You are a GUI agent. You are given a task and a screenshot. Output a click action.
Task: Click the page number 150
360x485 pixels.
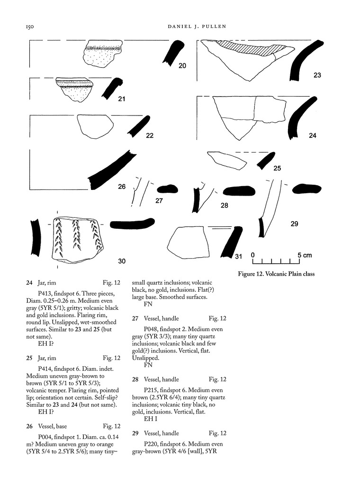click(30, 27)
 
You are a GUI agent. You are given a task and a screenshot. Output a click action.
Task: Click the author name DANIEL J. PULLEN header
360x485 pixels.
click(197, 27)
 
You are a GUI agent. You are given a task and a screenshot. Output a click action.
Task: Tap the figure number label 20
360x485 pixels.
click(182, 65)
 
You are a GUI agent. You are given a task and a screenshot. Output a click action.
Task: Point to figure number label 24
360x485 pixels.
click(312, 135)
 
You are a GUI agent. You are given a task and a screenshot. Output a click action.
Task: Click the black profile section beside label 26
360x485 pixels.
click(111, 170)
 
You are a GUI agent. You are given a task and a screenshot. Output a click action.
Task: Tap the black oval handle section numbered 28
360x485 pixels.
click(239, 191)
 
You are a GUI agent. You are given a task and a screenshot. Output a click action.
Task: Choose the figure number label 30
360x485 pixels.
click(122, 261)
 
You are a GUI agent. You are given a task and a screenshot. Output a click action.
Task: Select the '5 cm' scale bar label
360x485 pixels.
click(305, 255)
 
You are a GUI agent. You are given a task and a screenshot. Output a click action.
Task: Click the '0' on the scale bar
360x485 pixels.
click(253, 255)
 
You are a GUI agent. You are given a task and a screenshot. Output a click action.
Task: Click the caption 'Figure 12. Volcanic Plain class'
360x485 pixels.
click(276, 274)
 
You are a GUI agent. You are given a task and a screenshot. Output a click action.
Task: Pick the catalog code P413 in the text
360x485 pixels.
click(45, 294)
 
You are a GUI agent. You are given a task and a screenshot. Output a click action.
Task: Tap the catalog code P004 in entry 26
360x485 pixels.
click(45, 437)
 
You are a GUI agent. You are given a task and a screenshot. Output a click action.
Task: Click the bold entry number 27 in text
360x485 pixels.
click(135, 318)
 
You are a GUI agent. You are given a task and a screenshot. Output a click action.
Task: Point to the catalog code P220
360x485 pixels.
click(151, 444)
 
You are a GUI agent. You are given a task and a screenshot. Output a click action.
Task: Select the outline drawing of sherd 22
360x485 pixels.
click(95, 126)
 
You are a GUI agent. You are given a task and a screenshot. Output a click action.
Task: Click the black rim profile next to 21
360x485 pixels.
click(112, 89)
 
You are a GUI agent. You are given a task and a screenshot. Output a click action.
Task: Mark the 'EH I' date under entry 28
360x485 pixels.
click(151, 419)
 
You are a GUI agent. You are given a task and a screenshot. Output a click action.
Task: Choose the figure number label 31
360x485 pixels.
click(238, 256)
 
